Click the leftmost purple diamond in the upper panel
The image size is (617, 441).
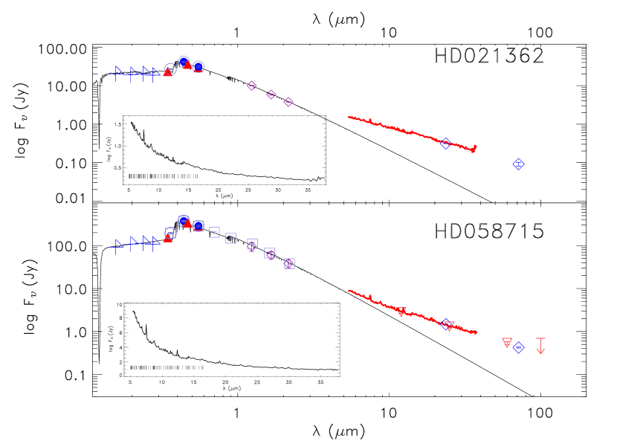pos(252,86)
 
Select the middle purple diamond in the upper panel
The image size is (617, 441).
pos(271,94)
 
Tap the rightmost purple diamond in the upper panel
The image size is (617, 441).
pos(288,102)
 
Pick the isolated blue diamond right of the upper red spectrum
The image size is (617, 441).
pos(518,164)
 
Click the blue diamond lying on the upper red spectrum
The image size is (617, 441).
pos(445,144)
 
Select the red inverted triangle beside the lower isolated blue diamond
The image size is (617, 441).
pos(507,343)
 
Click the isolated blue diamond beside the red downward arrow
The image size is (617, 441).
pos(518,347)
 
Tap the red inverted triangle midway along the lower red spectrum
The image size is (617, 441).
pos(401,312)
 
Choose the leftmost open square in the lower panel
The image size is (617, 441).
pos(214,232)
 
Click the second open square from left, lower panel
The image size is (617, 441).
pos(231,238)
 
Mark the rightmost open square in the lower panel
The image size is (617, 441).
pos(289,263)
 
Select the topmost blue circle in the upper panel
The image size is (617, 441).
pos(184,61)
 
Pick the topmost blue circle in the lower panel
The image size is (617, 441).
pos(184,221)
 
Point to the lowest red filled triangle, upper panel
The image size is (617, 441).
pos(167,73)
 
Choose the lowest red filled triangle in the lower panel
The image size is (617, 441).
pos(168,238)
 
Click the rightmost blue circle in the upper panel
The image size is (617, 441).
pos(198,66)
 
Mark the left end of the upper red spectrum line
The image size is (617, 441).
pos(349,117)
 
